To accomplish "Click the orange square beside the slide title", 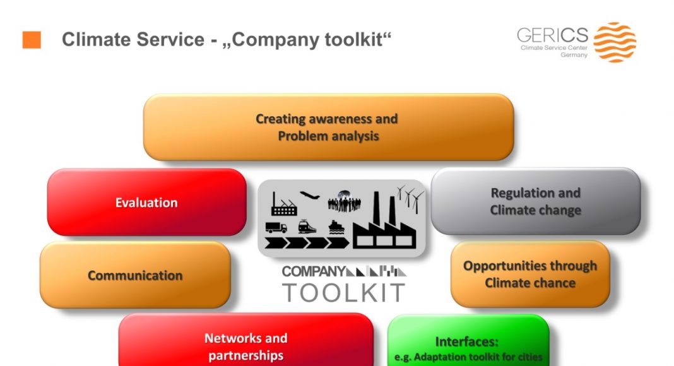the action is pos(32,40).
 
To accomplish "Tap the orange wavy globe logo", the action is pos(615,42).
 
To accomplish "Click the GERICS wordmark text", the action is pos(552,35).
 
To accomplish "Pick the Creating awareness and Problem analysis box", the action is pos(328,127).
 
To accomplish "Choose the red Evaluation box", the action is pos(146,202).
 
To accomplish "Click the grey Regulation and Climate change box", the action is pos(536,201).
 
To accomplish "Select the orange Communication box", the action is pos(135,275).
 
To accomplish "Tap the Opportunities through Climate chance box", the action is pos(530,274).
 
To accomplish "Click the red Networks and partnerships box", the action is pos(246,340).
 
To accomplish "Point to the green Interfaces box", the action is pos(468,341).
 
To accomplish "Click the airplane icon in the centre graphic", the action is pos(309,196).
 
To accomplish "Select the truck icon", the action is pos(276,227).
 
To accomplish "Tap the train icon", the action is pos(307,227).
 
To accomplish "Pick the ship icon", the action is pos(336,227).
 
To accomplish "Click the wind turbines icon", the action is pos(410,199).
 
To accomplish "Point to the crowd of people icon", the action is pos(344,202).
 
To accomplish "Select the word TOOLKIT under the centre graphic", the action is pos(343,293).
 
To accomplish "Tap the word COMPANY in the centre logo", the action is pos(314,271).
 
